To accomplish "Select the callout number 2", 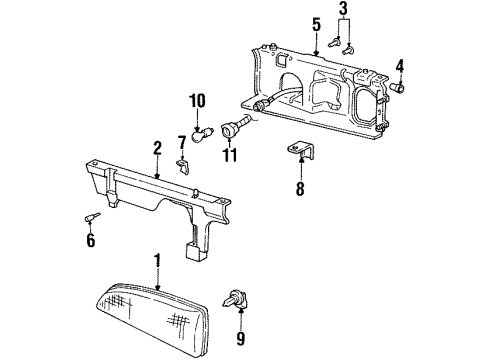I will [156, 147].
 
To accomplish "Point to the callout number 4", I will [399, 67].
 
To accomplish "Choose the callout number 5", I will [315, 23].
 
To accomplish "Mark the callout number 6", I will [91, 240].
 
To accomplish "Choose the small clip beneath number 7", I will [182, 163].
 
